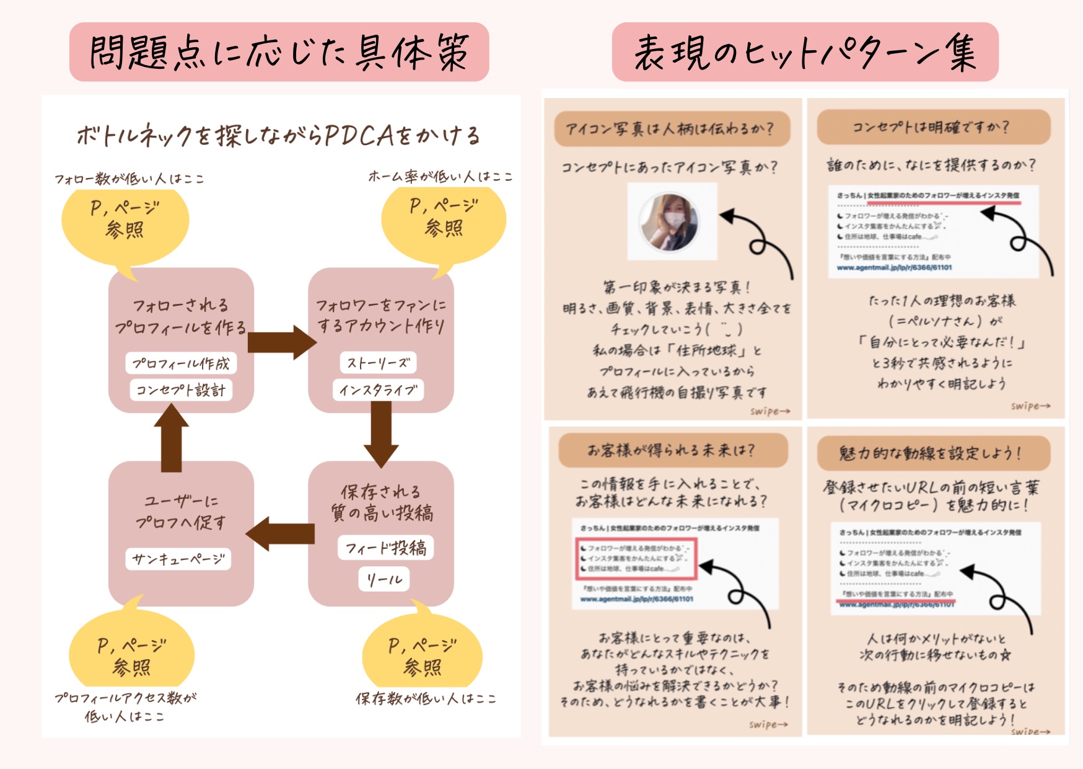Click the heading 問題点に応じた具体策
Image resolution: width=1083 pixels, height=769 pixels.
[x=279, y=52]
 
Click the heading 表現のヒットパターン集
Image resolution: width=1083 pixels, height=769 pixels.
[x=805, y=52]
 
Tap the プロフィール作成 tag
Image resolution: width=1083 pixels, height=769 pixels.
[x=181, y=363]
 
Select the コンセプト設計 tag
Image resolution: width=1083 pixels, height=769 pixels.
[x=181, y=390]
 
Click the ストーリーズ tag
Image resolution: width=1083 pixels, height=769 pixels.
[x=378, y=363]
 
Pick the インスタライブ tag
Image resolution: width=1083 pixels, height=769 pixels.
[x=378, y=390]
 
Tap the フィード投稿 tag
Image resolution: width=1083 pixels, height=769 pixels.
[x=385, y=548]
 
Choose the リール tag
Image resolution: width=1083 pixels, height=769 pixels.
[x=384, y=580]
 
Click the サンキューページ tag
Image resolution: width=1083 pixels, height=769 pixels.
[x=178, y=559]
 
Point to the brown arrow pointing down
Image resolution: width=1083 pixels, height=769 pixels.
[x=381, y=434]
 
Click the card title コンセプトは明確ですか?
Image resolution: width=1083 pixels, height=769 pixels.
[x=933, y=128]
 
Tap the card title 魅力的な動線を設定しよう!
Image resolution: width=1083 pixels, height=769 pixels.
[x=933, y=453]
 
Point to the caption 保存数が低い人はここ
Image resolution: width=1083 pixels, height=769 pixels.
[x=426, y=699]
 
